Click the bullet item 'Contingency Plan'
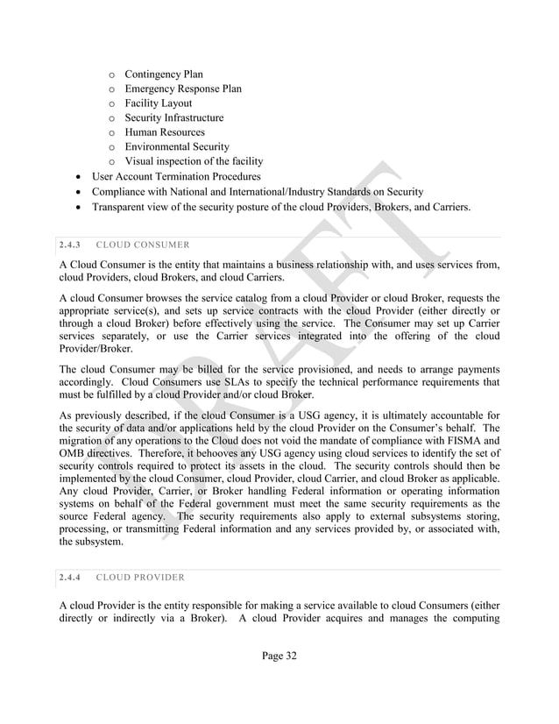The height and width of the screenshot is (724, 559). pos(164,75)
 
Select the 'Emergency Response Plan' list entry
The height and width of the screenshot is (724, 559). pos(182,89)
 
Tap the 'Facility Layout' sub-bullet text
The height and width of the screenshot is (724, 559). pos(158,103)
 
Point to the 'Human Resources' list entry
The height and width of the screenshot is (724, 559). pos(165,132)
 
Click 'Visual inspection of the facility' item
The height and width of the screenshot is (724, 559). pos(193,161)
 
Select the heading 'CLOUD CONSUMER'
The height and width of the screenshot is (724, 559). pos(143,244)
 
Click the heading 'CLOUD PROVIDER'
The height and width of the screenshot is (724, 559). pos(140,578)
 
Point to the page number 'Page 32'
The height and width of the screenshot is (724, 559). pos(279,657)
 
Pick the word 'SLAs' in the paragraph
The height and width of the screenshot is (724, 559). pos(230,382)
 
